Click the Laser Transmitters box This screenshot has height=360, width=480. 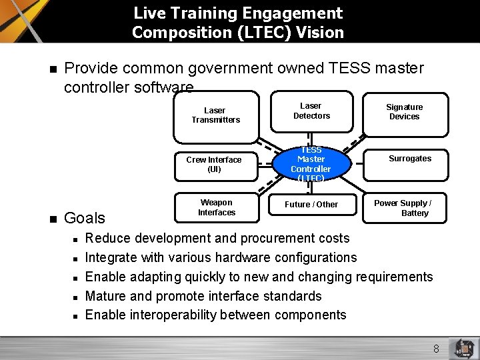(215, 115)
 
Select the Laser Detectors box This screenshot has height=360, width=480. (311, 111)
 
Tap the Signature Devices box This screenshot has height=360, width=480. (404, 112)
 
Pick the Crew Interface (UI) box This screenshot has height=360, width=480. (214, 165)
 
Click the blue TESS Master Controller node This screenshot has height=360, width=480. (311, 164)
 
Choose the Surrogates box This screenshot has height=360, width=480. (409, 159)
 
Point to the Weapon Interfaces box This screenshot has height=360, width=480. (216, 207)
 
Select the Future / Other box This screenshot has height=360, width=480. (311, 205)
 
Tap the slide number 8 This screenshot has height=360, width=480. (436, 349)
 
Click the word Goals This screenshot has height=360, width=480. (85, 218)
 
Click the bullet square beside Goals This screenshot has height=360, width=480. (51, 219)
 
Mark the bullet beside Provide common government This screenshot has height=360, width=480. (51, 69)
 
